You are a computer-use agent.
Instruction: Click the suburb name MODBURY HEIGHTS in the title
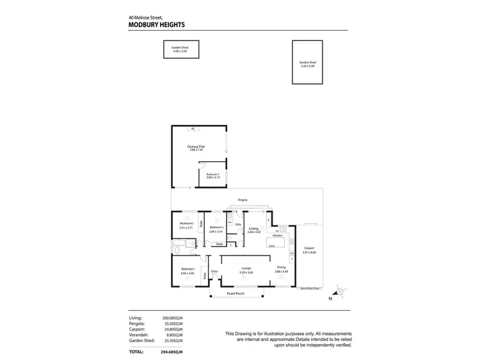point(157,25)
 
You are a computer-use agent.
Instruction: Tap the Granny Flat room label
point(196,147)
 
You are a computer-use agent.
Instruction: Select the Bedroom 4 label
point(212,174)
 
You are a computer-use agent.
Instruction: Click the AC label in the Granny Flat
point(192,129)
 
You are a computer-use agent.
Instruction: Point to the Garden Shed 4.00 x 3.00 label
point(180,47)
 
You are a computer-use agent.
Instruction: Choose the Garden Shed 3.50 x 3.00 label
point(308,62)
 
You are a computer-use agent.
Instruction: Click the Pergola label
point(242,200)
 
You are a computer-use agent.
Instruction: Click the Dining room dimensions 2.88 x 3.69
point(281,272)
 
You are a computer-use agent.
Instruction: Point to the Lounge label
point(245,268)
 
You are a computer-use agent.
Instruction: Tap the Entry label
point(214,272)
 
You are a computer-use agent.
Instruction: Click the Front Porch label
point(236,293)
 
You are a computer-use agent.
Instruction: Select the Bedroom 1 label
point(188,268)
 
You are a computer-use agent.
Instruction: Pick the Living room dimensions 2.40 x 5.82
point(253,233)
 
